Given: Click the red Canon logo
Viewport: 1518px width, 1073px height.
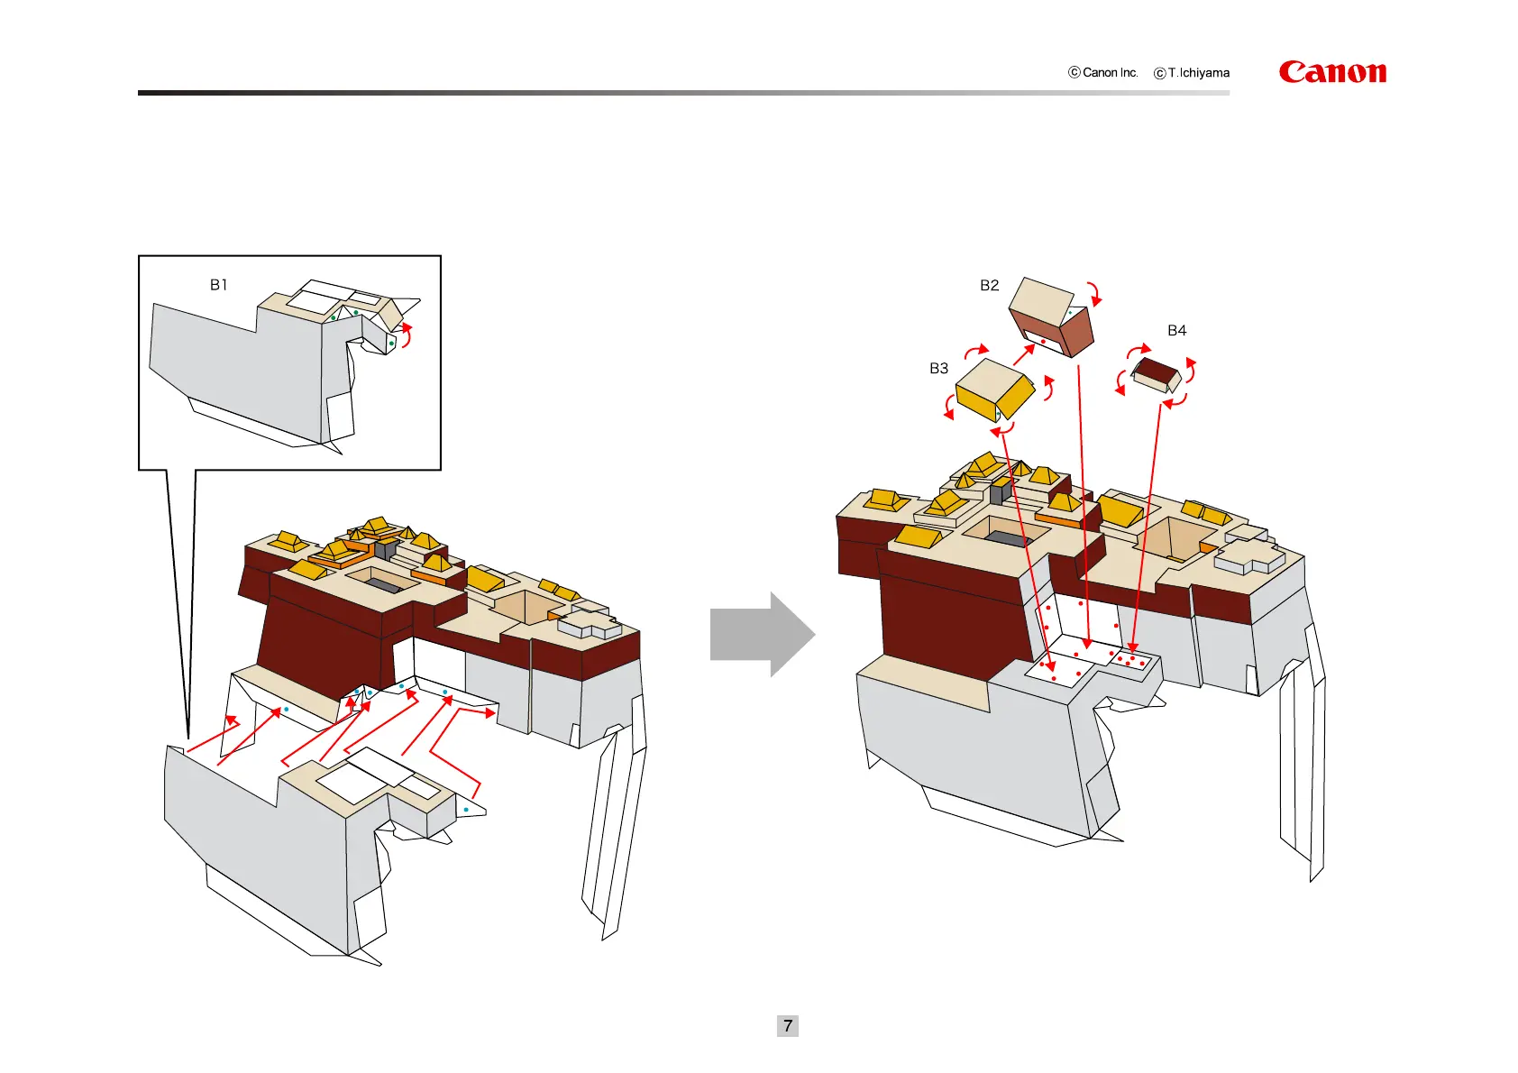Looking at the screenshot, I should pos(1332,72).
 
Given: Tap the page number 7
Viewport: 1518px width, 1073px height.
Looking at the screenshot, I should pos(787,1025).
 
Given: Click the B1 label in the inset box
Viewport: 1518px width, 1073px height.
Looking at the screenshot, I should pos(218,285).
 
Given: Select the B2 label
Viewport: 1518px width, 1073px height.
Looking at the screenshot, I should pos(989,286).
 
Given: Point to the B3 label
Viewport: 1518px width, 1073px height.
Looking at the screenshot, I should pos(938,369).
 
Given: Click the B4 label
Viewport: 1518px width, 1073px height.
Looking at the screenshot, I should pos(1176,331).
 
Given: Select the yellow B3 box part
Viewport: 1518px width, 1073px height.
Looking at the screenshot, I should pos(994,390).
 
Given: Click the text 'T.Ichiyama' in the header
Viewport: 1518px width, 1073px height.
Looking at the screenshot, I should pos(1198,73).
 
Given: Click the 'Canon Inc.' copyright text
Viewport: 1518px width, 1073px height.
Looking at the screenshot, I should pos(1110,73).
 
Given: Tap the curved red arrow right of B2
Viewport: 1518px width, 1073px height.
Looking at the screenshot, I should pos(1095,293).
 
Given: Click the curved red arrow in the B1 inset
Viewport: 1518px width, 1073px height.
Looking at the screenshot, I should pos(407,334).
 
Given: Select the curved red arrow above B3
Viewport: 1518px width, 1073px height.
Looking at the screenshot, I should pos(976,350).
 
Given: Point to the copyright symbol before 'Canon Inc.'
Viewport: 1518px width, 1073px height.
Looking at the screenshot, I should pos(1074,73).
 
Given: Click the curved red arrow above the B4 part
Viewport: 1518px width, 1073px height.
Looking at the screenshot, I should pos(1139,349).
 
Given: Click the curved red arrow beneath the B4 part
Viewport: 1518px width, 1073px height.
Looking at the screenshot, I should pos(1175,402).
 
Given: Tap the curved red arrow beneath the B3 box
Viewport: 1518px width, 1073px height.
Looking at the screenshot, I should pos(1002,429).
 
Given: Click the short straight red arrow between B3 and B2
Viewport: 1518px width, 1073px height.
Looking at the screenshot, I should pos(1024,353).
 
